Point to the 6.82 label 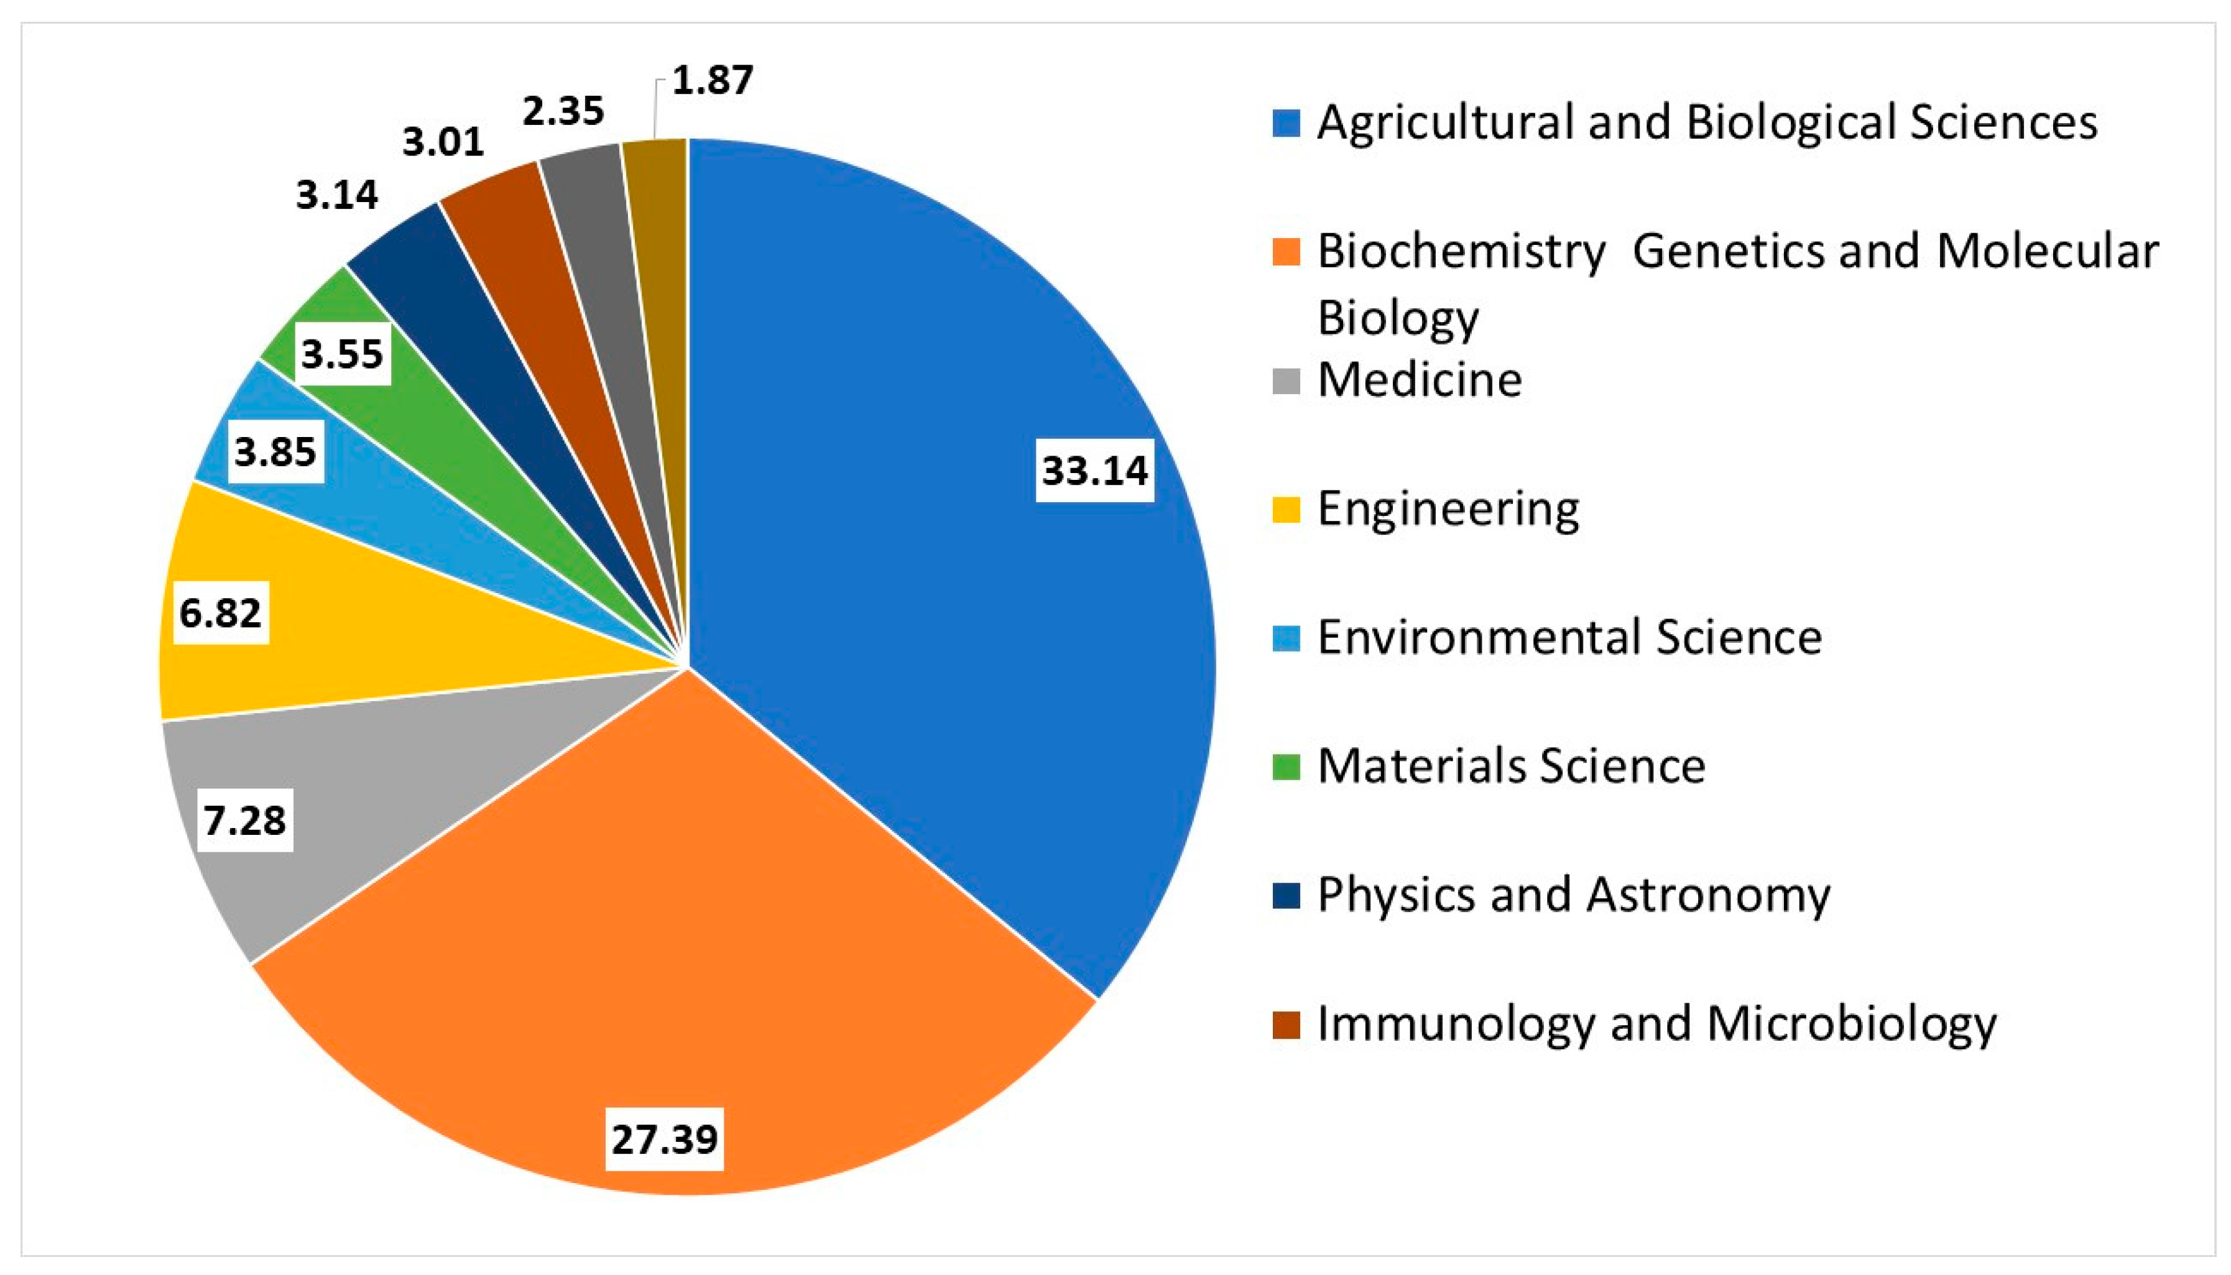point(221,612)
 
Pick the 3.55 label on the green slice point(341,354)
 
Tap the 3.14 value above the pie point(336,195)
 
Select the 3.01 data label point(443,142)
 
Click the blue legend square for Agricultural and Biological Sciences point(1286,122)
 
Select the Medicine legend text point(1419,380)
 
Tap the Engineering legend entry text point(1448,509)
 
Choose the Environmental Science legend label point(1569,637)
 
